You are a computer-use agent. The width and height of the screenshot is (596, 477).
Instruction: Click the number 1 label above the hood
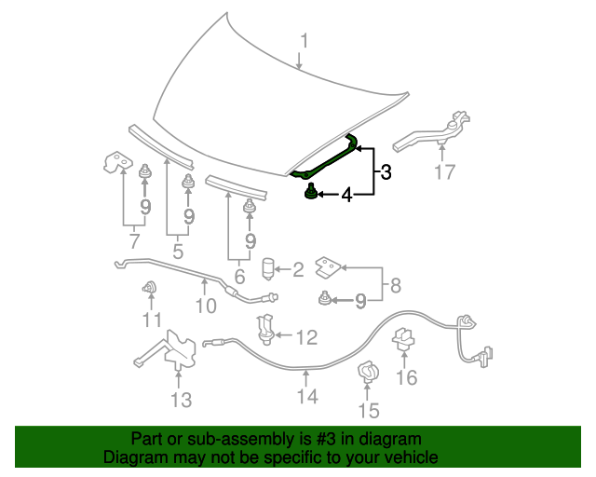(304, 40)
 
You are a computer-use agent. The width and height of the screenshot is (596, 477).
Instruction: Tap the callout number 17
(445, 172)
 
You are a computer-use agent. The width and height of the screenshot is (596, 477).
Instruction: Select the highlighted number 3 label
(385, 171)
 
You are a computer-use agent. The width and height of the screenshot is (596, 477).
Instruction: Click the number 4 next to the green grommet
(346, 195)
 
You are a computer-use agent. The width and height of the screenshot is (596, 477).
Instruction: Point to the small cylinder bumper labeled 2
(269, 269)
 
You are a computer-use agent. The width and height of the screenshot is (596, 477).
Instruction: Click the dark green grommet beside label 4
(310, 193)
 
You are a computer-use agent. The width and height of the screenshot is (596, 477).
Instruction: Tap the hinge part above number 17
(433, 132)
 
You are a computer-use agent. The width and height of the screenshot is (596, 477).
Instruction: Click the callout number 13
(181, 400)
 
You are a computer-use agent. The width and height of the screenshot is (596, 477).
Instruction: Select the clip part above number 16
(405, 337)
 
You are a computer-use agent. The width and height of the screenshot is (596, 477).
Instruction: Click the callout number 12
(306, 336)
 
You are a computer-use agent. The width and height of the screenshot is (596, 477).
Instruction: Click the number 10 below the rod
(206, 305)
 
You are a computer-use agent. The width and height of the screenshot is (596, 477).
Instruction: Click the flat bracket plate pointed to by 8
(328, 267)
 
